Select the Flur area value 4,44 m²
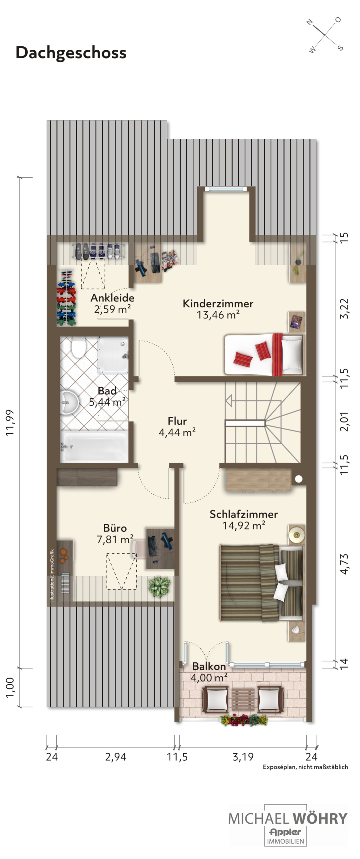pos(177,433)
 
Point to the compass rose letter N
pos(310,22)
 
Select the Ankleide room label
pos(112,298)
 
